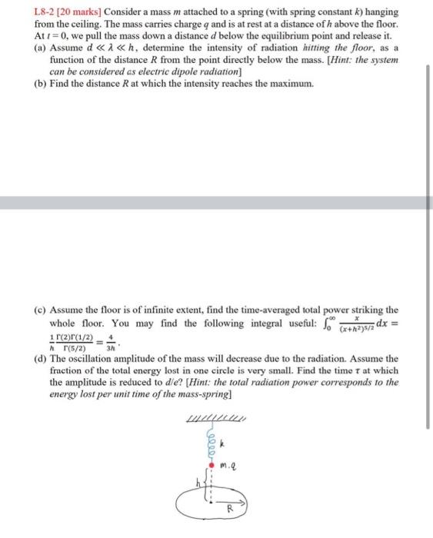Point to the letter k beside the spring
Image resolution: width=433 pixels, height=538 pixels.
[x=221, y=443]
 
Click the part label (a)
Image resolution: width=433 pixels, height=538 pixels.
[x=39, y=48]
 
